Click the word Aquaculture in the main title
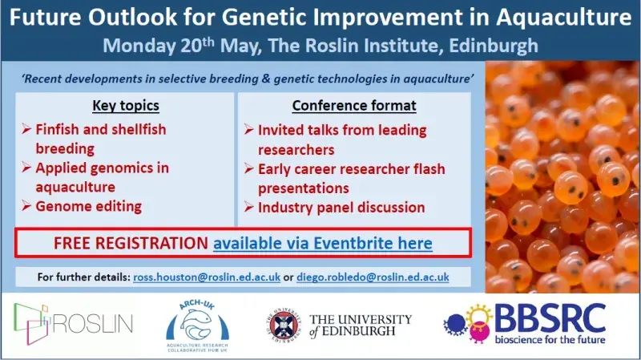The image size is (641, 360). tap(564, 18)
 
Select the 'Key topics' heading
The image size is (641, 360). tap(126, 106)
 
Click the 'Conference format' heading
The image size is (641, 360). tap(354, 106)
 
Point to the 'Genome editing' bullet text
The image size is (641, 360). tap(89, 206)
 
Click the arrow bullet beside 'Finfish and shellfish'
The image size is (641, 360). tap(26, 129)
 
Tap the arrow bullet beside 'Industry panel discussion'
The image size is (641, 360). tap(249, 208)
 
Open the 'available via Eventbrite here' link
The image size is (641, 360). tap(323, 244)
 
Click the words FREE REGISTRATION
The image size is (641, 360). tap(131, 243)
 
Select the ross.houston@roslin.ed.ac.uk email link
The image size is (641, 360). tap(207, 277)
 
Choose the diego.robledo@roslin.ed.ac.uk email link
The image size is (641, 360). tap(373, 277)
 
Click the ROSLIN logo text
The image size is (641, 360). tap(93, 324)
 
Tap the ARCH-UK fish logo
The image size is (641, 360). tap(197, 326)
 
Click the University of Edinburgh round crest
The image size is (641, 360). tap(284, 326)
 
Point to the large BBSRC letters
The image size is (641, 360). tap(550, 318)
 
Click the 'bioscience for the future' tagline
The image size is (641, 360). tap(550, 339)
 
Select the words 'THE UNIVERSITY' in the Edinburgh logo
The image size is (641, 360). tap(361, 319)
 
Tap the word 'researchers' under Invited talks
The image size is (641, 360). tap(296, 150)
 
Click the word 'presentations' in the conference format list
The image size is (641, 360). tap(304, 188)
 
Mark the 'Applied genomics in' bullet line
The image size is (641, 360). tap(103, 168)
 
